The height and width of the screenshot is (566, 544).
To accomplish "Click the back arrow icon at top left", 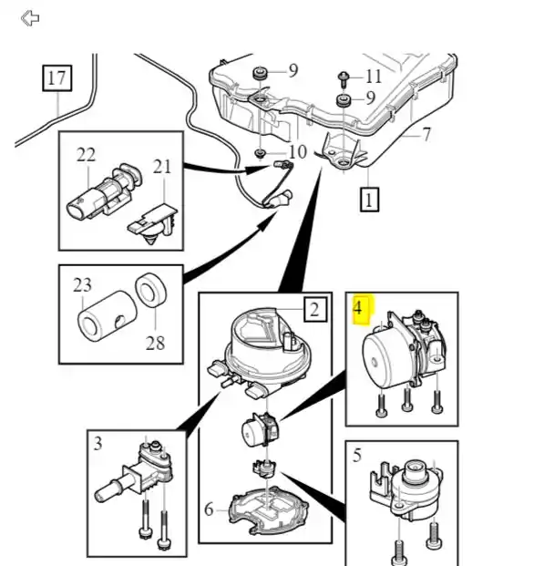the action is pos(30,18).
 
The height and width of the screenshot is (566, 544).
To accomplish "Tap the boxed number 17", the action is pos(57,78).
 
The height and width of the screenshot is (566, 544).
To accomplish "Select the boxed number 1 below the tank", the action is pos(369,200).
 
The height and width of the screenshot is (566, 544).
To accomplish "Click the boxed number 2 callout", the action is pos(315,309).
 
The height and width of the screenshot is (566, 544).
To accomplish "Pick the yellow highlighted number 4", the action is pos(358,309).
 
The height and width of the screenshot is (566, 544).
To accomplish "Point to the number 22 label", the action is pos(86,155).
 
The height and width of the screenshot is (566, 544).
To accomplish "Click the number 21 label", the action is pos(161,167).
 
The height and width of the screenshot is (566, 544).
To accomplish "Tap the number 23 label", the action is pos(82,285).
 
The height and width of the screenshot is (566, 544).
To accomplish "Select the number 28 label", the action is pos(156,343).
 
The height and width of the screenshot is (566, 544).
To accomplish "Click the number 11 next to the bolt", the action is pos(374,77).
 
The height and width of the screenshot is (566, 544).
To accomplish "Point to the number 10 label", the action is pos(298,152).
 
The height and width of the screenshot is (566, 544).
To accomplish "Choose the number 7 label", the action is pos(426,135).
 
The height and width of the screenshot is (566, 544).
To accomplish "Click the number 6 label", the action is pos(209,509).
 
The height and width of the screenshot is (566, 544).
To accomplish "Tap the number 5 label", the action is pos(357,456).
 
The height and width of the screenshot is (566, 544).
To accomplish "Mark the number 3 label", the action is pos(98,444).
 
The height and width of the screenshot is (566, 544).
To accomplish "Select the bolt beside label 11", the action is pos(343,79).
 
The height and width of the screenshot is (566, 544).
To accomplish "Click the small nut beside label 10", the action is pos(260,153).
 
